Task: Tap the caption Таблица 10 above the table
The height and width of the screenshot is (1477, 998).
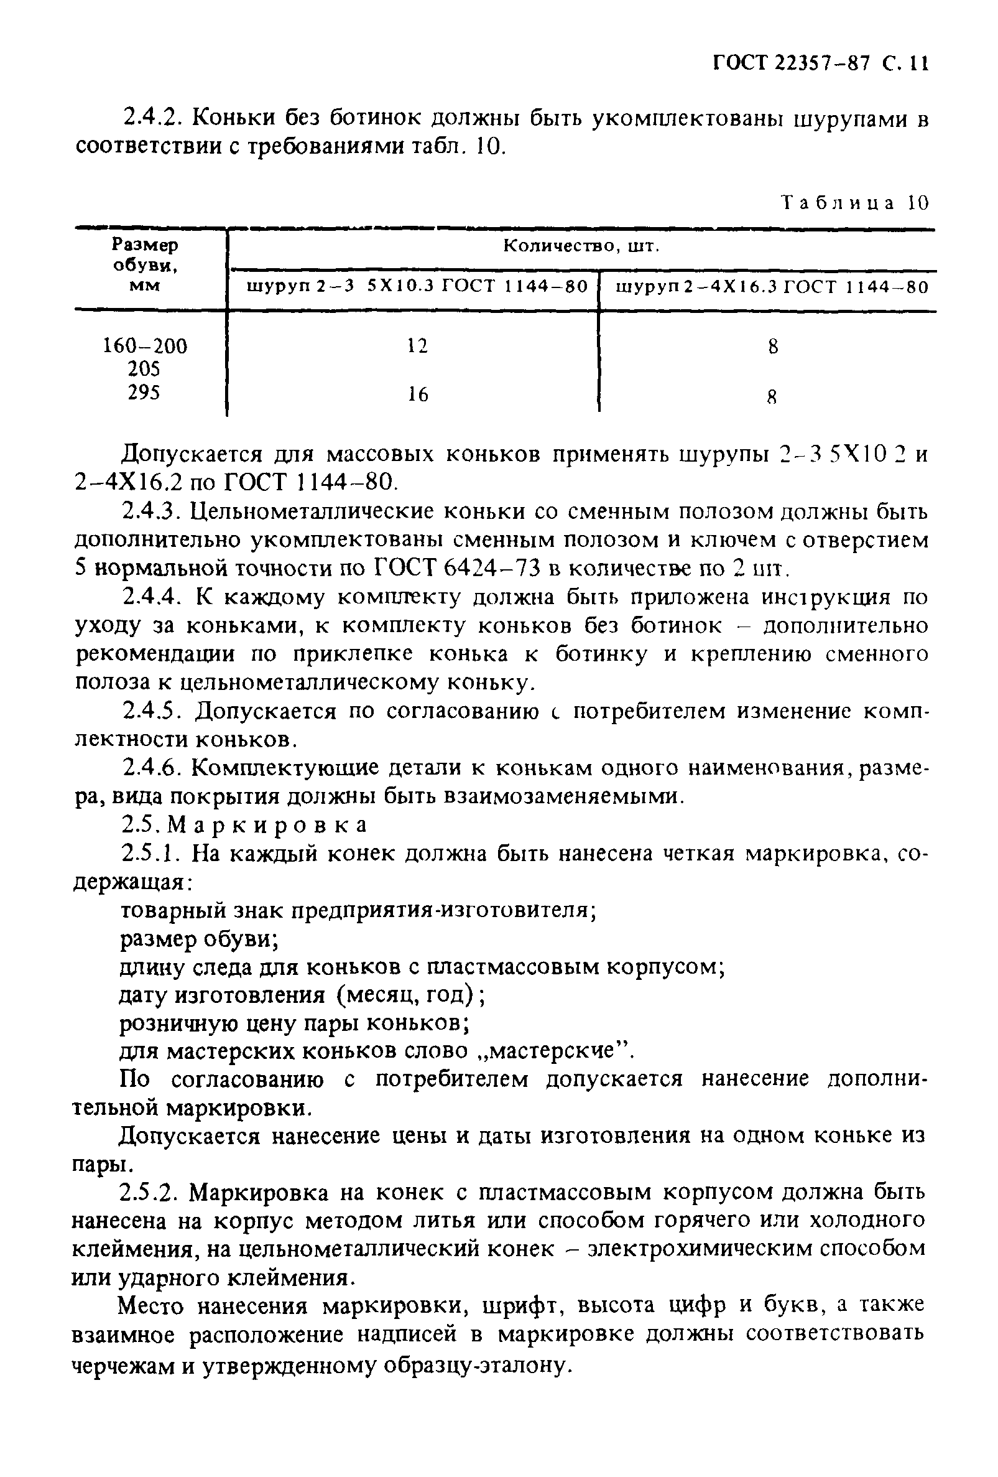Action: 855,203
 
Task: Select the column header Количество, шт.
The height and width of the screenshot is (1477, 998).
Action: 581,246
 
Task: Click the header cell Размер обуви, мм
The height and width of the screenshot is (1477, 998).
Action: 145,265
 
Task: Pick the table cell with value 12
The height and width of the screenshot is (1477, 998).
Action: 417,346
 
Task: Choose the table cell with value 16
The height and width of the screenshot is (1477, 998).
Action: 417,394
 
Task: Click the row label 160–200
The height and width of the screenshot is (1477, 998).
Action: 145,346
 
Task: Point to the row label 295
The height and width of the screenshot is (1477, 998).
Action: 144,393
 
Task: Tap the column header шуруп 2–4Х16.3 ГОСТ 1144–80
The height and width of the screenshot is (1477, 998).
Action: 772,287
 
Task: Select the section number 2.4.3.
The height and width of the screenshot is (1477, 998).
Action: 151,510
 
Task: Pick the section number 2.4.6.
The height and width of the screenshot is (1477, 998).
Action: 151,768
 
